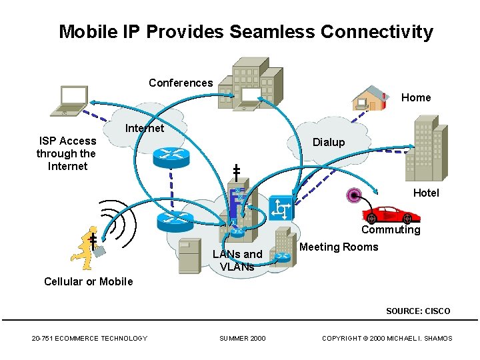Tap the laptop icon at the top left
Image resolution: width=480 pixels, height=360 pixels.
click(x=73, y=101)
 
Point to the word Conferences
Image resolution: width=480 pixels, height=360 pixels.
click(x=181, y=83)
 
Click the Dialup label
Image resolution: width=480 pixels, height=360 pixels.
click(x=329, y=142)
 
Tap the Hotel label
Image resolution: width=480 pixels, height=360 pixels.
click(x=426, y=193)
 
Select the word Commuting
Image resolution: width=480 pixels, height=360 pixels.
click(x=391, y=230)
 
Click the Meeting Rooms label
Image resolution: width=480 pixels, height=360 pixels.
click(x=339, y=247)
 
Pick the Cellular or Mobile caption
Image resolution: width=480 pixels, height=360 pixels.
click(x=89, y=281)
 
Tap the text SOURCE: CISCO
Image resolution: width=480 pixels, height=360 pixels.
click(x=418, y=311)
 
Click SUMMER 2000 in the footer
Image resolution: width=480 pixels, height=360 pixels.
click(x=243, y=339)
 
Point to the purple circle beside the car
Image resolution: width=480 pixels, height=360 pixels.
click(x=353, y=195)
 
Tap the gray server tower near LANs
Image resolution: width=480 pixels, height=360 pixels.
click(x=189, y=256)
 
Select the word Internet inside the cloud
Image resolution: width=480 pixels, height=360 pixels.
click(x=145, y=128)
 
